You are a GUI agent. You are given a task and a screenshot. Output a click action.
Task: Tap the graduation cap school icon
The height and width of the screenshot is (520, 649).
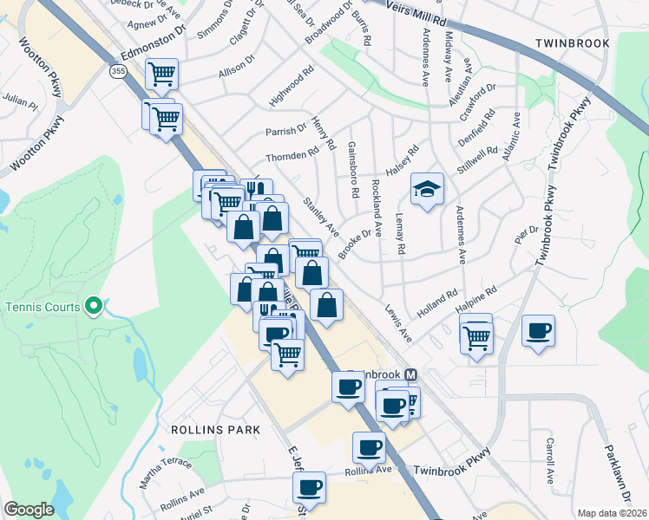pyautogui.click(x=427, y=190)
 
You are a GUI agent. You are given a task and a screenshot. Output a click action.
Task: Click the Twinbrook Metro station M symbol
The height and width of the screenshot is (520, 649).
pyautogui.click(x=411, y=374)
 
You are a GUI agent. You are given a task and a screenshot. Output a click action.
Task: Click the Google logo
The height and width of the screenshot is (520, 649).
pyautogui.click(x=29, y=510)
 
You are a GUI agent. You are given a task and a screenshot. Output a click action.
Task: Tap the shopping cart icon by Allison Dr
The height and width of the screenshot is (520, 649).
pyautogui.click(x=161, y=73)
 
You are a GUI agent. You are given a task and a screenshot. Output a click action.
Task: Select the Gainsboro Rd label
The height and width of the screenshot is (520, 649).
pyautogui.click(x=353, y=170)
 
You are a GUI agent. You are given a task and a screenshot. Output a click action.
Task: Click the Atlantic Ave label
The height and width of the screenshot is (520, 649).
pyautogui.click(x=511, y=135)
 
